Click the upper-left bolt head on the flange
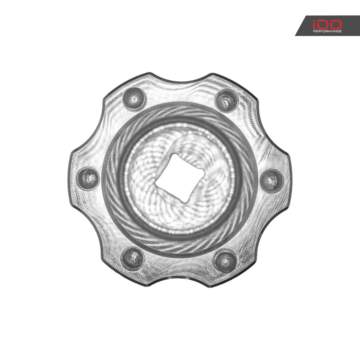click(134, 99)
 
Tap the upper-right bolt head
click(227, 100)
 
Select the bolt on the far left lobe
click(88, 178)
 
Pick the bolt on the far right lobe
click(272, 181)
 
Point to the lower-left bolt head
click(133, 258)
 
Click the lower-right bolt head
click(225, 261)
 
